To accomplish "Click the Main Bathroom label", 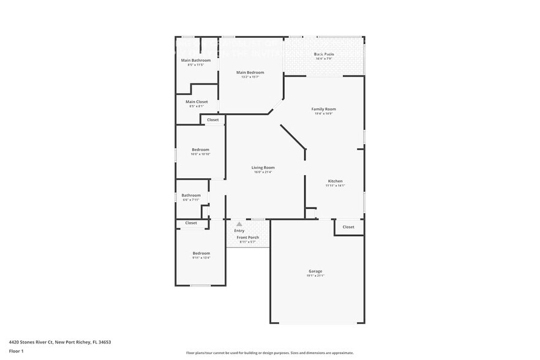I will point(196,60).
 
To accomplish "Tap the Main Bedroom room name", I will point(250,72).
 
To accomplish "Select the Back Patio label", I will point(324,54).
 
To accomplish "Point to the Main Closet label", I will point(197,102).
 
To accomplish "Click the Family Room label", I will point(323,109).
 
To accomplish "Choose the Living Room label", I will point(263,167).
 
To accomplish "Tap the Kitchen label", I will point(335,181).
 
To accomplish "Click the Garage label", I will point(315,271).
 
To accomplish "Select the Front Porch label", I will point(247,238).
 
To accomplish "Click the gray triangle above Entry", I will point(239,224).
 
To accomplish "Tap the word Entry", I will point(239,231).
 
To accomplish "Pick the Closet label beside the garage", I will point(348,227).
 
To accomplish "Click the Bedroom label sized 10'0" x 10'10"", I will point(200,149).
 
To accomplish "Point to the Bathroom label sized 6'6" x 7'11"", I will point(190,195).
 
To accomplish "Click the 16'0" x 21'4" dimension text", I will point(263,173).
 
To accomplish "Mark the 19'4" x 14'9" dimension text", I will point(323,114).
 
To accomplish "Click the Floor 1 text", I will point(16,351).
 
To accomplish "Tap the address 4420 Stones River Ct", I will point(32,342).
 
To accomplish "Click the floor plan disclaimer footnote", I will point(269,353).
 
